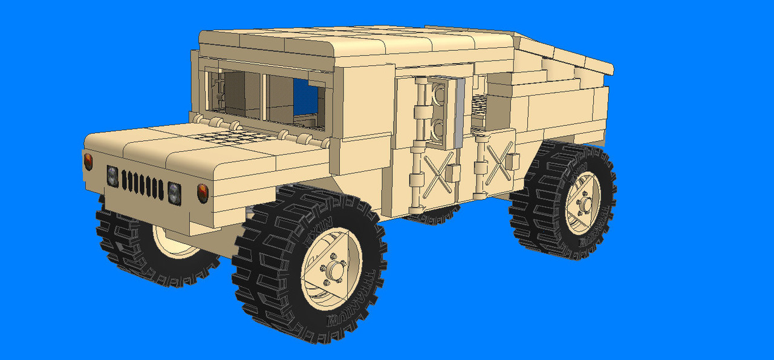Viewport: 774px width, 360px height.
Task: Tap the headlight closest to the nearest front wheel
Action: [174, 192]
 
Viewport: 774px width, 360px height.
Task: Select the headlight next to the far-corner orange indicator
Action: [112, 176]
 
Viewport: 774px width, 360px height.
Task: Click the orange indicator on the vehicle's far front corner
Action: [88, 162]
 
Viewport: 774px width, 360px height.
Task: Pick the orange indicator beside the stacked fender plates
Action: [203, 192]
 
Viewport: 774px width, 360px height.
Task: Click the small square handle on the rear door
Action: [512, 161]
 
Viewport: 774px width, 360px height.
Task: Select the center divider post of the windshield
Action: [263, 97]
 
